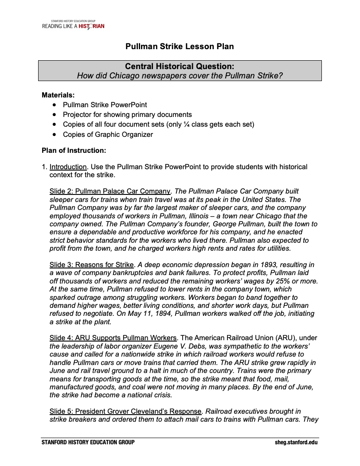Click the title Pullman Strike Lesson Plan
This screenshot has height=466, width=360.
(180, 47)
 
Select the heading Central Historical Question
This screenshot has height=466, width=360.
(180, 66)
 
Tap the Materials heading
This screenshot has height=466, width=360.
(58, 95)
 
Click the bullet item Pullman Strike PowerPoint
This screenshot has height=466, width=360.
(105, 105)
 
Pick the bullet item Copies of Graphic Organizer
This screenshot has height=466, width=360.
(108, 134)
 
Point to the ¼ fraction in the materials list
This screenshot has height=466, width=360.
(186, 124)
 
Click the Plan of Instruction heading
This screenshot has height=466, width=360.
(74, 150)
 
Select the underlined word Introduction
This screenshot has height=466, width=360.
(68, 167)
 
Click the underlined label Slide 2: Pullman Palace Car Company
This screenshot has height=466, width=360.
(110, 191)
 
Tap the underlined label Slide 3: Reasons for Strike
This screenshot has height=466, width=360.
(92, 265)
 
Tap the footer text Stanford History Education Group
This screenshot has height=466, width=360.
(88, 442)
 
